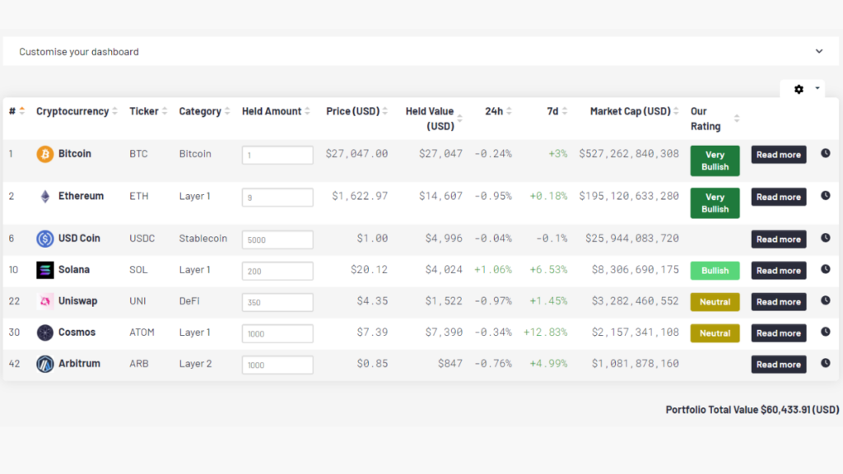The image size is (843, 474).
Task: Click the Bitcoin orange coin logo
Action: [x=45, y=154]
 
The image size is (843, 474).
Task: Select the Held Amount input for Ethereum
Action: [x=277, y=197]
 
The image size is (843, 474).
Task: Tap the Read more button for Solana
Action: [x=778, y=271]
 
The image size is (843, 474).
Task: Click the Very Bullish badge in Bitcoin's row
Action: [x=715, y=160]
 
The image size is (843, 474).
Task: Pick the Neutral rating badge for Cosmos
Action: [x=715, y=333]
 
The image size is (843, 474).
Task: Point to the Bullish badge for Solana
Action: [x=715, y=271]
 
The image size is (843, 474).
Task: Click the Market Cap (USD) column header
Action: [x=630, y=111]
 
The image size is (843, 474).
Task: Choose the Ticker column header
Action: [x=144, y=111]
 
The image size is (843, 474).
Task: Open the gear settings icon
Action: [x=799, y=89]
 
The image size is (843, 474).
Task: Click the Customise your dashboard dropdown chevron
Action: [x=819, y=51]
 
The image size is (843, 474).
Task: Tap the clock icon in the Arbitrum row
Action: [x=826, y=363]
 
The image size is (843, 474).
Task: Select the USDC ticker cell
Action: [x=142, y=239]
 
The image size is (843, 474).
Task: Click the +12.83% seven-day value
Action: [x=545, y=332]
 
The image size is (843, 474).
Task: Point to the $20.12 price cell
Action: [x=371, y=270]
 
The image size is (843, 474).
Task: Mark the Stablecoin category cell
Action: [x=203, y=239]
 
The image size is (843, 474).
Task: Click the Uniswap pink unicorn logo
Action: [x=45, y=301]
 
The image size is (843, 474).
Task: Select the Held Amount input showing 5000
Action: [x=277, y=239]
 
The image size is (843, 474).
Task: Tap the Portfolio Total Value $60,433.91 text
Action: [x=752, y=409]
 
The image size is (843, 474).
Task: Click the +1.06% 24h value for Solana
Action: [x=492, y=270]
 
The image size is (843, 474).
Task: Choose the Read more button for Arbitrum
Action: [x=778, y=365]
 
